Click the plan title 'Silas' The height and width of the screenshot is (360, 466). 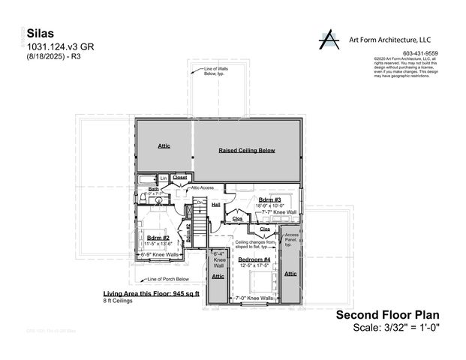click(x=41, y=34)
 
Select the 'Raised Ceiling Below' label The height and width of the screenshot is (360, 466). click(x=247, y=150)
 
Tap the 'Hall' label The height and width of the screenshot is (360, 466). click(x=216, y=204)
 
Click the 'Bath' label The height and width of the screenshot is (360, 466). click(x=153, y=189)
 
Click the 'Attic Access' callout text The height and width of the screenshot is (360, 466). click(x=203, y=187)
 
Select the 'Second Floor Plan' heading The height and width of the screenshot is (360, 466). click(x=386, y=315)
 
